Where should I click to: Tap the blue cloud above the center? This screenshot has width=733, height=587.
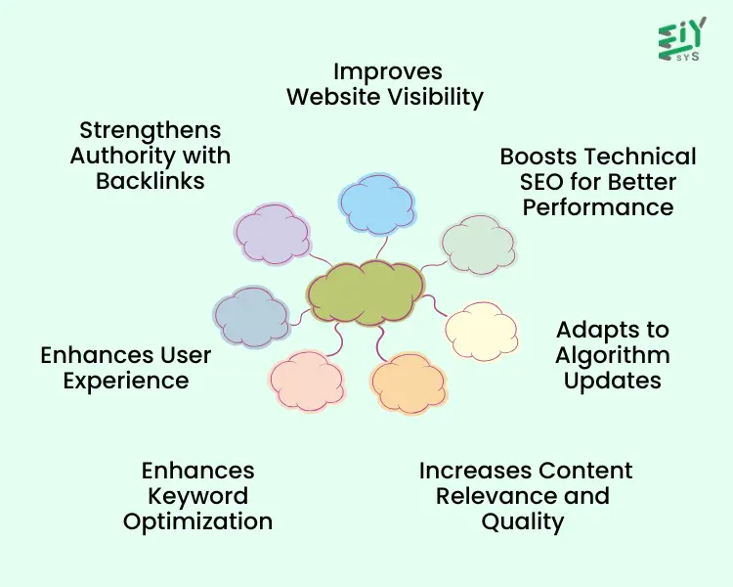coord(378,203)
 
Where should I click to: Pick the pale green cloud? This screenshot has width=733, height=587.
coord(478,245)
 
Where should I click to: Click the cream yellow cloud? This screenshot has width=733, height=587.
coord(482,330)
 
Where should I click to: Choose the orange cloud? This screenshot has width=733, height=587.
coord(409,383)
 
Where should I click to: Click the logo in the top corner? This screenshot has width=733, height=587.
coord(682,40)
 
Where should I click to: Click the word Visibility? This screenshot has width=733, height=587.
coord(433,97)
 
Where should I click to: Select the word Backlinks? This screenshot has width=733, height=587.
coord(151,181)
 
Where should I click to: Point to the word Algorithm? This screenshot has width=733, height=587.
coord(613,355)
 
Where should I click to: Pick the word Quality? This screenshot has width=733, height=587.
coord(523,521)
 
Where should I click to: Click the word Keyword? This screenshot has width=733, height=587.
coord(197,496)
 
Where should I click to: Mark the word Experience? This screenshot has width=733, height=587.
coord(126,381)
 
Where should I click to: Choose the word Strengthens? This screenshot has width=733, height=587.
coord(151,130)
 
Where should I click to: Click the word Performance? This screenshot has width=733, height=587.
coord(598,207)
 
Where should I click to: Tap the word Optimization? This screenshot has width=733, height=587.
coord(197,521)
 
